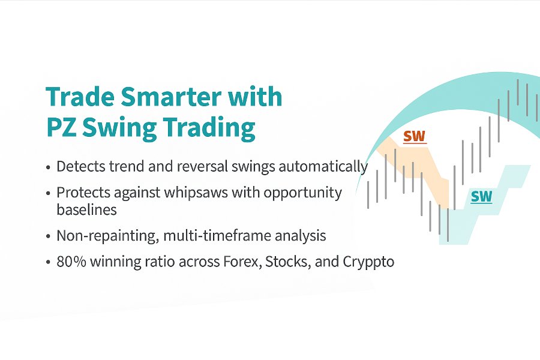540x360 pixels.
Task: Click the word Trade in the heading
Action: pos(80,96)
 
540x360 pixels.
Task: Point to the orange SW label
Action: pos(415,137)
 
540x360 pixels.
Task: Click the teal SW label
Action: pos(481,197)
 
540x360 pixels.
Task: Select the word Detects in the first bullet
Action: pos(81,166)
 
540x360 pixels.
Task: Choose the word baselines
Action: pos(87,210)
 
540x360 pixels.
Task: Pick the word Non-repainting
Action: pos(108,236)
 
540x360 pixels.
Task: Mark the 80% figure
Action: pos(71,262)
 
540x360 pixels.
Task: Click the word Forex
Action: pos(242,262)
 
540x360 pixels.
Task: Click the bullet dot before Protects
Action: pos(48,193)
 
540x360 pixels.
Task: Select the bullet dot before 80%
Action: pos(48,262)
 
